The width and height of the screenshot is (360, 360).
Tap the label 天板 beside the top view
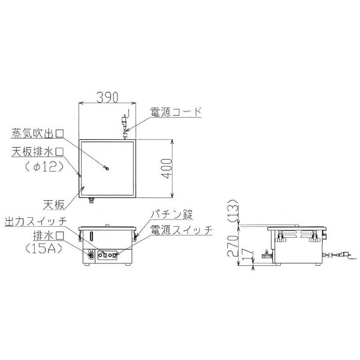click(53, 205)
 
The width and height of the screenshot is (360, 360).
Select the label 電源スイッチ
click(181, 229)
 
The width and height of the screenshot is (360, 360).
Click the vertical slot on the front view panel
click(91, 235)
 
